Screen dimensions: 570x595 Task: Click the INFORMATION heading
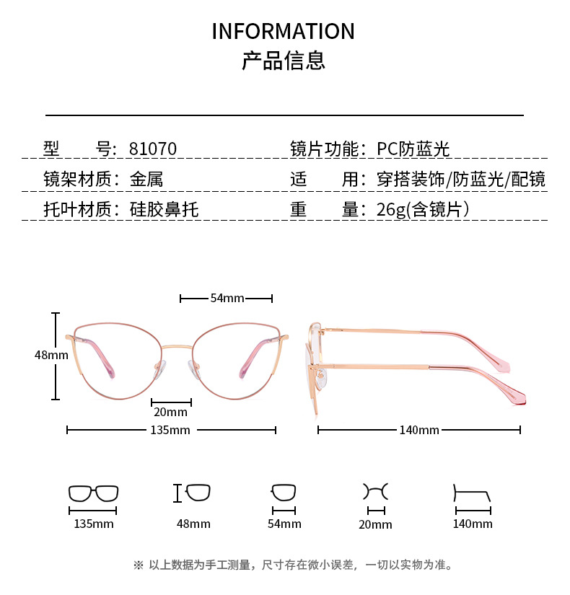click(x=284, y=32)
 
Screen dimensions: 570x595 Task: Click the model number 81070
click(x=152, y=149)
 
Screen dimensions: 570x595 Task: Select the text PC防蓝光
click(x=413, y=149)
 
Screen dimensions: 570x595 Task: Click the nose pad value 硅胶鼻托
click(x=164, y=210)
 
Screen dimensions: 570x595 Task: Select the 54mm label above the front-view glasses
click(x=227, y=298)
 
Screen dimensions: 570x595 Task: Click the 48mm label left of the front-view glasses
click(x=51, y=355)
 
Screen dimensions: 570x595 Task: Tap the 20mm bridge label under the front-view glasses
click(x=170, y=413)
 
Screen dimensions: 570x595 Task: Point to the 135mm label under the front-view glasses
click(x=171, y=431)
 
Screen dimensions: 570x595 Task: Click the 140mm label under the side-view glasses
click(x=419, y=431)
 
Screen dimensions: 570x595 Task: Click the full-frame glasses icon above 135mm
click(x=93, y=494)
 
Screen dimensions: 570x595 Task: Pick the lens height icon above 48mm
click(x=193, y=493)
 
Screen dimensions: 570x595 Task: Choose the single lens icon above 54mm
click(x=284, y=493)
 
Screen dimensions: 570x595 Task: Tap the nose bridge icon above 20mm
click(x=375, y=492)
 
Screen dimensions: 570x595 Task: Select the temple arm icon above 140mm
click(x=472, y=495)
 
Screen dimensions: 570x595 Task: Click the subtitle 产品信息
click(x=284, y=61)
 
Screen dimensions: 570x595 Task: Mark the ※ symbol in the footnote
click(x=139, y=565)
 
